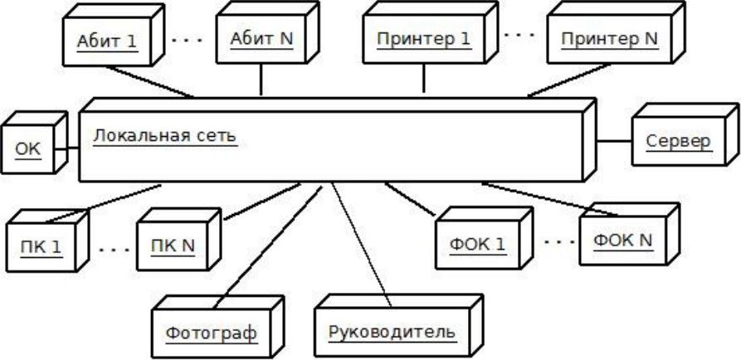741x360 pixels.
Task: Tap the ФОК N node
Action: coord(623,241)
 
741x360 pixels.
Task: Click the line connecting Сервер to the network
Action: coord(615,141)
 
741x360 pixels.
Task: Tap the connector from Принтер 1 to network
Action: coord(425,81)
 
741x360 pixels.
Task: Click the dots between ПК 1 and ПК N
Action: coord(113,247)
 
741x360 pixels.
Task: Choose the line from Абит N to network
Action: coord(262,80)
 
